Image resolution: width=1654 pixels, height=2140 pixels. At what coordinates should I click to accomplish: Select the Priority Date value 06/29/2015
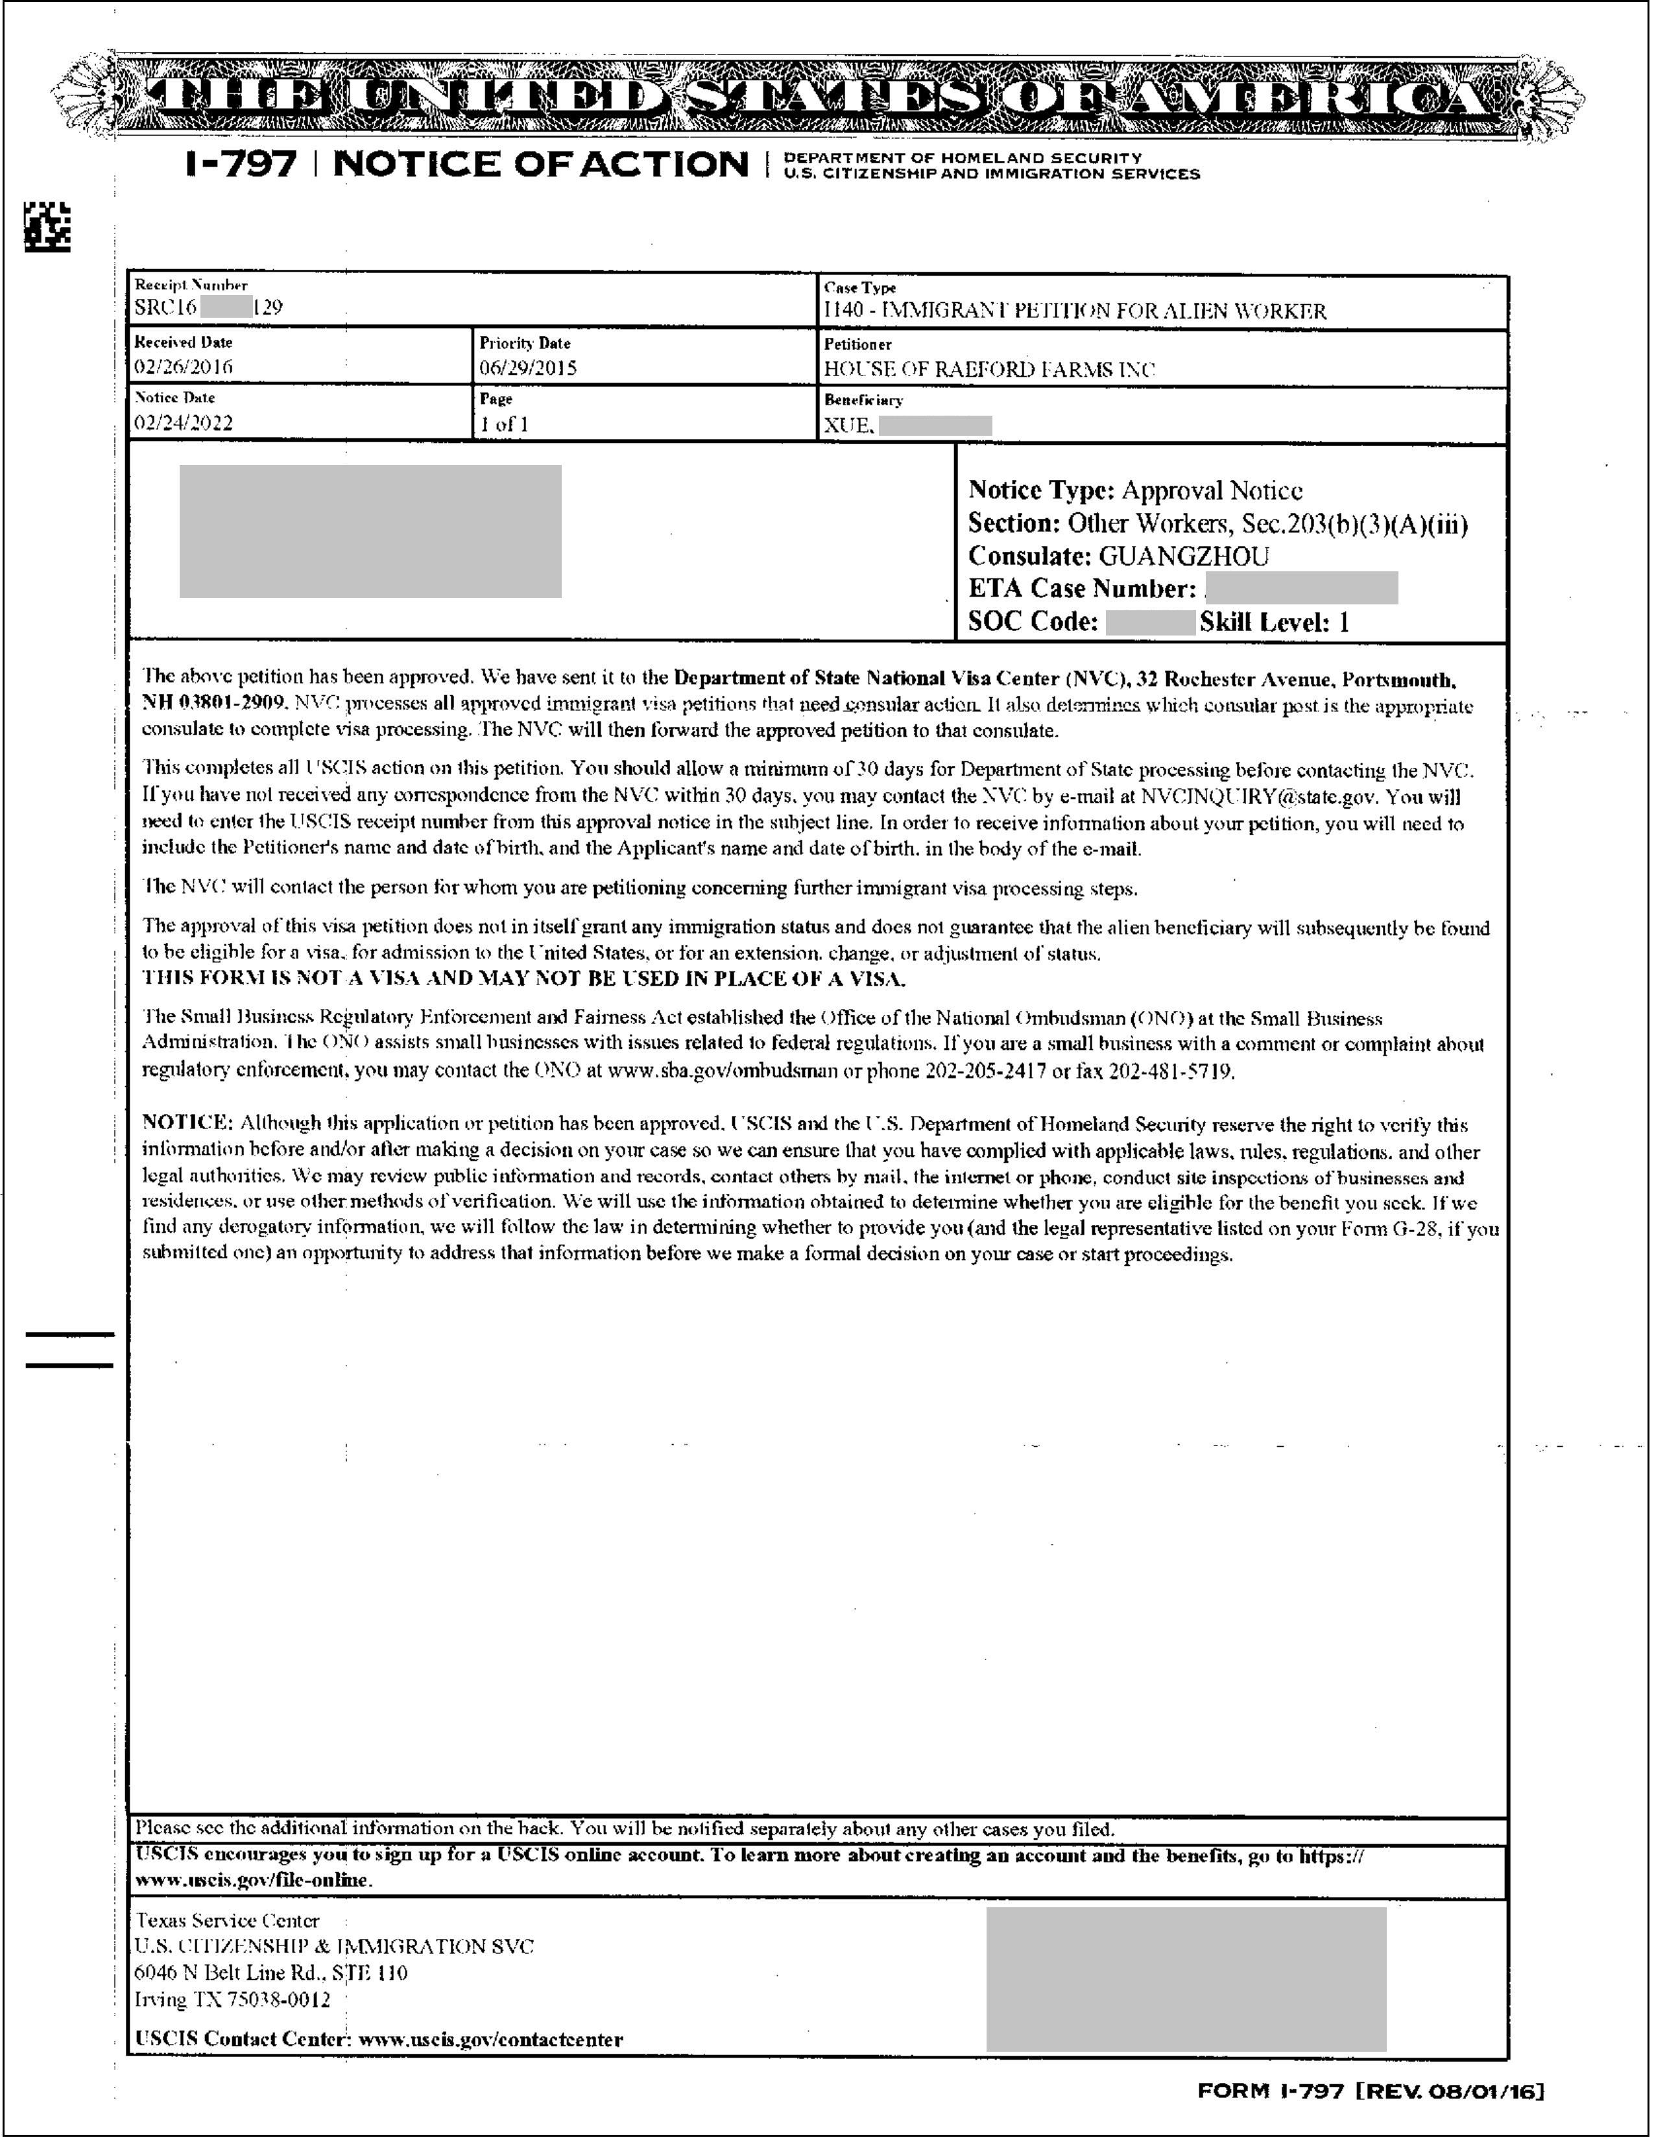[528, 368]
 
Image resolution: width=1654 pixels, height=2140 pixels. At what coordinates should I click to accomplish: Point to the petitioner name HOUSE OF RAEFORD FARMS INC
[990, 370]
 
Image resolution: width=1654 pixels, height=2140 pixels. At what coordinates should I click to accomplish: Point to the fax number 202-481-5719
[1171, 1071]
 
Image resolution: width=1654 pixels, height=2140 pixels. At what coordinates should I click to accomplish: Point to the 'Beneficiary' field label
[863, 399]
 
